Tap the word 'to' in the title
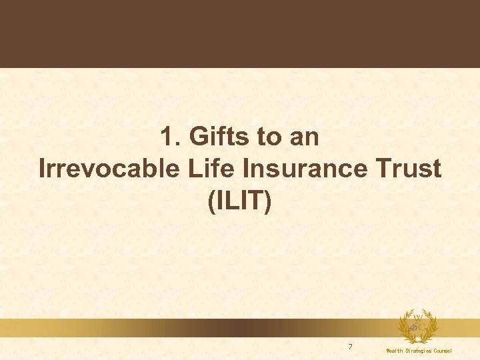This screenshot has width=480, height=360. [x=269, y=138]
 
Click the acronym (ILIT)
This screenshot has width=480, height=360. [x=240, y=201]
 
